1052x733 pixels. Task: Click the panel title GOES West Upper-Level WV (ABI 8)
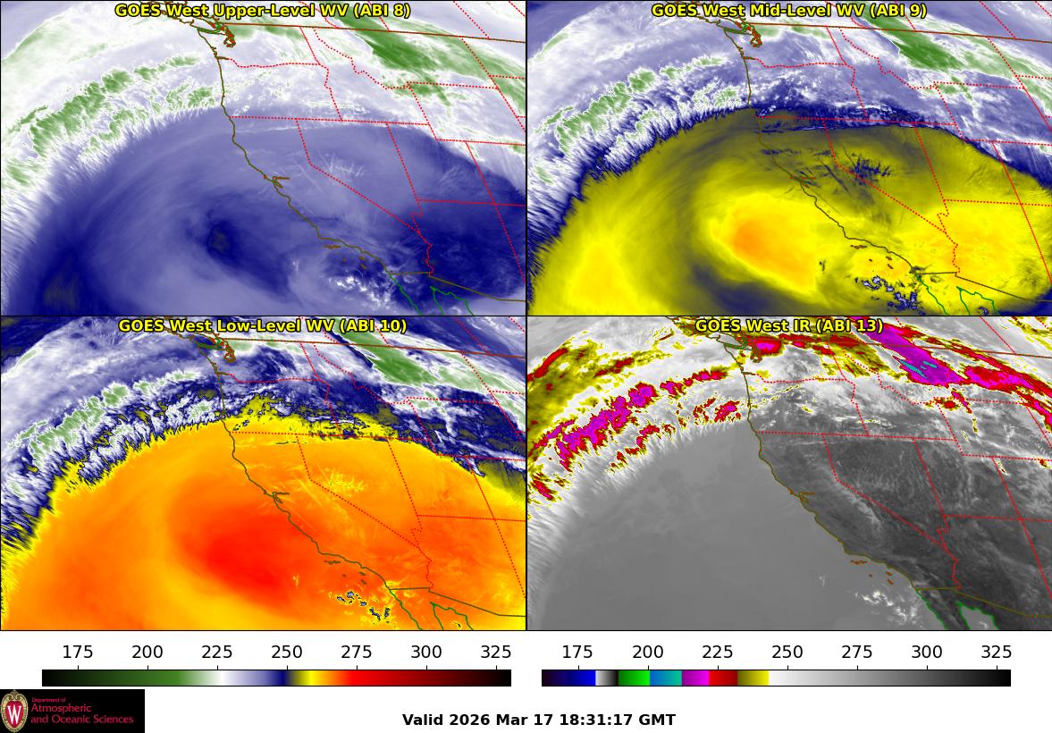(x=262, y=11)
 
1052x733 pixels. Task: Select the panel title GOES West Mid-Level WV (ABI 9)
(x=788, y=11)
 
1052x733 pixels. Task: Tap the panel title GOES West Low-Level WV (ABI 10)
(x=262, y=326)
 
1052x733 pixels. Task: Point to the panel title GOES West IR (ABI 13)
(x=788, y=326)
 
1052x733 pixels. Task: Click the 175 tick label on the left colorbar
(x=78, y=652)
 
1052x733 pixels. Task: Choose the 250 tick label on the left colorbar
(x=287, y=652)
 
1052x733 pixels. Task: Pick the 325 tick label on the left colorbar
(x=496, y=652)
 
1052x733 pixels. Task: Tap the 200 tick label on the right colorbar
(x=648, y=652)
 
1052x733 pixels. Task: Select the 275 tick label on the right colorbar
(x=857, y=652)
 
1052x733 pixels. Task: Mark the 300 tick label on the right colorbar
(x=927, y=652)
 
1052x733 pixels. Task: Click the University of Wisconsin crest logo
(x=14, y=711)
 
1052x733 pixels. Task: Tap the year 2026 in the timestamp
(x=467, y=720)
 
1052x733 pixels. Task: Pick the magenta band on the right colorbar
(x=695, y=678)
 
